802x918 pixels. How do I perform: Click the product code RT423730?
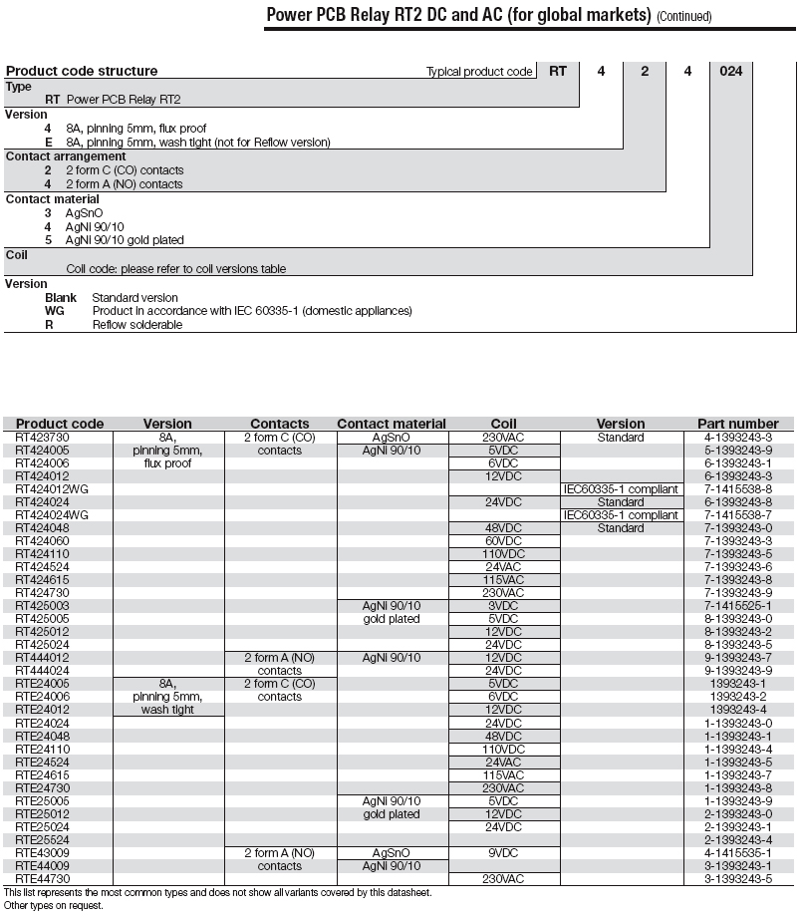click(x=43, y=438)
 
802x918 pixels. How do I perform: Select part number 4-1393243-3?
click(x=738, y=438)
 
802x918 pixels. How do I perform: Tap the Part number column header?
click(x=738, y=424)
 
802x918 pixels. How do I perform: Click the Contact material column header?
click(x=392, y=424)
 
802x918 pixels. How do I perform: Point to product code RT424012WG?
click(x=53, y=489)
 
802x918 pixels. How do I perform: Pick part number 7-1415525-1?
click(x=738, y=606)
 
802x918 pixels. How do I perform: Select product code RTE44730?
click(x=43, y=879)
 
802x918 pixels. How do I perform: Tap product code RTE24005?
click(x=43, y=684)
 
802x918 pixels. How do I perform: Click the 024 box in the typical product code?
click(x=730, y=71)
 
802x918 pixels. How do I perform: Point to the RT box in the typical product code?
click(x=558, y=71)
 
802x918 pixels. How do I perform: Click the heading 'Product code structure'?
click(x=82, y=71)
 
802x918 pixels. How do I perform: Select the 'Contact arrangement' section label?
click(x=66, y=156)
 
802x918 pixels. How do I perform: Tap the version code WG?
click(x=55, y=311)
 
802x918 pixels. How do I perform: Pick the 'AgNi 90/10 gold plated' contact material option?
click(x=125, y=240)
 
